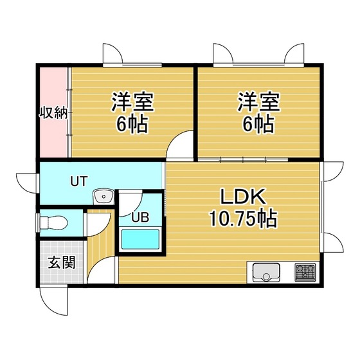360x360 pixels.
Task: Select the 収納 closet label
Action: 52,114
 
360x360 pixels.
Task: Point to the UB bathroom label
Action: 140,217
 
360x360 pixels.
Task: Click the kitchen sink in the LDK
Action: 267,273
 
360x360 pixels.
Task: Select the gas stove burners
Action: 304,273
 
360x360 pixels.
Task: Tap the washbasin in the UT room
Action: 102,197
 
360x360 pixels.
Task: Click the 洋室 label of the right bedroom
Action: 259,102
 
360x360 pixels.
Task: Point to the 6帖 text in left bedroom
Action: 132,123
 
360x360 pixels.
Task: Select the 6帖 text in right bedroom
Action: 259,123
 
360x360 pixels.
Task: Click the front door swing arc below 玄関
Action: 53,299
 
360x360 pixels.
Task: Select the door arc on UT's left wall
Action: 26,183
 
